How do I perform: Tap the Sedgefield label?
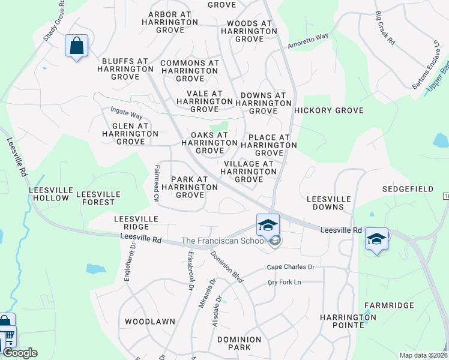point(408,189)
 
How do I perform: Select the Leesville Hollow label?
point(50,194)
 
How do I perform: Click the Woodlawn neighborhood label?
point(149,322)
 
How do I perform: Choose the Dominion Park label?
point(240,343)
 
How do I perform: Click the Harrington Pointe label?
point(348,320)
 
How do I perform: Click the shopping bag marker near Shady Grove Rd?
point(77,46)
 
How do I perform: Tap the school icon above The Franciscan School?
point(268,225)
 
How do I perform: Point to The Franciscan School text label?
point(223,241)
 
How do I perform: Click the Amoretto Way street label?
point(309,41)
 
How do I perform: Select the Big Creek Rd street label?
point(385,28)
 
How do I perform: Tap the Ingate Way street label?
point(126,112)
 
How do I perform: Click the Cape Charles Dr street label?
point(291,267)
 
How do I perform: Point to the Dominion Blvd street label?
point(227,267)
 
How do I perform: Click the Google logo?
point(20,353)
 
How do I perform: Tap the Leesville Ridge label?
point(136,223)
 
